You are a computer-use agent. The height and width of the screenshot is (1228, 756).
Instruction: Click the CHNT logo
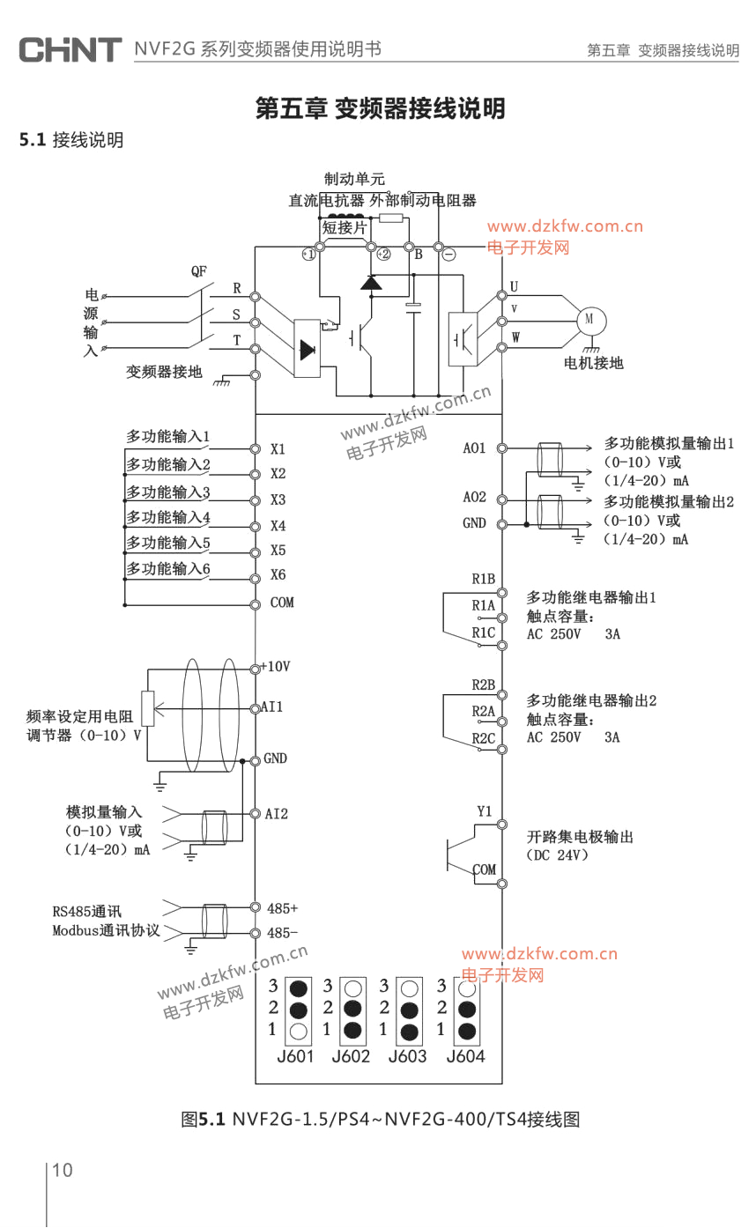coord(70,49)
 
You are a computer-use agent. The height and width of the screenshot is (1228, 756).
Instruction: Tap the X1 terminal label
coord(278,448)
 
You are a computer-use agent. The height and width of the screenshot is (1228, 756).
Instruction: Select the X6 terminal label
coord(278,575)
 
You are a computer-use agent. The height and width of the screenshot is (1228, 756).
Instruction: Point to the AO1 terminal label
coord(475,448)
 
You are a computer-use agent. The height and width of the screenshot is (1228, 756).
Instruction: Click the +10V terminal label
coord(276,666)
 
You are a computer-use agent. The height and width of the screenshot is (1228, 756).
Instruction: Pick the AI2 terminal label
coord(277,813)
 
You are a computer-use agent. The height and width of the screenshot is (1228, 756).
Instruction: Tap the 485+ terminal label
coord(282,907)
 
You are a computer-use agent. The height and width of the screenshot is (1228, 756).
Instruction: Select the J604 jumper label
coord(465,1056)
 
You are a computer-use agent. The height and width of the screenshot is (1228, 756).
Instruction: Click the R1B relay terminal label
coord(483,579)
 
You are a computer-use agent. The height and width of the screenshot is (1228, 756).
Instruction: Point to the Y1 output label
coord(485,810)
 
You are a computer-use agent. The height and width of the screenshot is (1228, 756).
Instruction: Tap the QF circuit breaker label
coord(199,270)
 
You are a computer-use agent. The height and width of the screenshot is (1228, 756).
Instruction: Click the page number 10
coord(63,1170)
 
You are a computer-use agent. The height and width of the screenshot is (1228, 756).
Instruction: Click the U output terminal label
coord(514,286)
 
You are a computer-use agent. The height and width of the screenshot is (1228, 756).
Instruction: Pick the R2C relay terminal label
coord(484,738)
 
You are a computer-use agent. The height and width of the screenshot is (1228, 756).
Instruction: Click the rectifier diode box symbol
coord(307,349)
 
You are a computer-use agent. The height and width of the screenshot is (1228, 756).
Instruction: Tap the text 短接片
coord(344,228)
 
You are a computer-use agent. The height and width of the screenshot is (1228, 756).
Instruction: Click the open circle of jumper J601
coord(299,1031)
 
